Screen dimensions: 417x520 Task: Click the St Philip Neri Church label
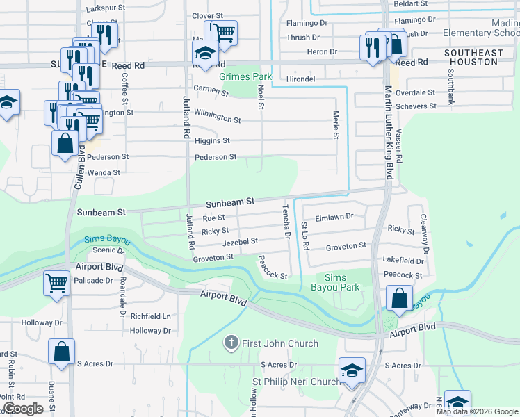click(296, 382)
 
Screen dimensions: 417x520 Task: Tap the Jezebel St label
click(241, 241)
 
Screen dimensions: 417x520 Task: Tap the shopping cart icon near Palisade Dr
click(57, 283)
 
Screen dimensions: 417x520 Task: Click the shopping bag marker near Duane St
click(61, 352)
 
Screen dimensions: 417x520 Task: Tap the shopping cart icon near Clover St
click(224, 32)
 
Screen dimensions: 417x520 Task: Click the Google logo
click(23, 409)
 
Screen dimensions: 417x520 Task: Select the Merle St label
click(336, 126)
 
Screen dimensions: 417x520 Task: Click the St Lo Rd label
click(304, 236)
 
